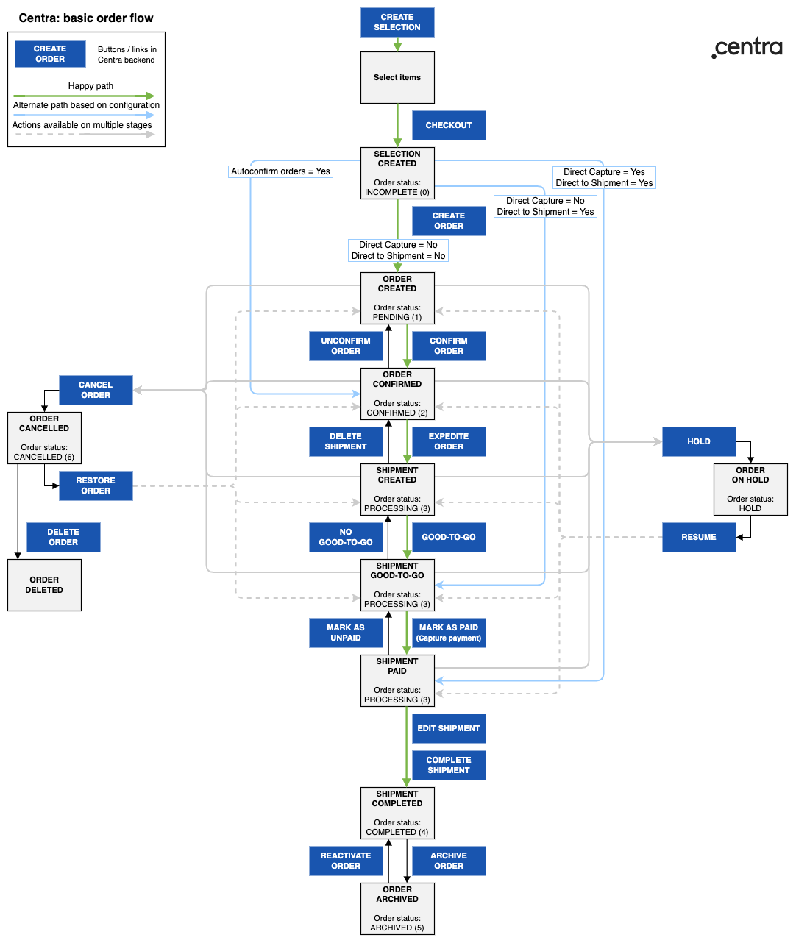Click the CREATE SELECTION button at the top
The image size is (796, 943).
[397, 22]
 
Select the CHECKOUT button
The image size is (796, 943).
[449, 125]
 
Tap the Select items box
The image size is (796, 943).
[397, 77]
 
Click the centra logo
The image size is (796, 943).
[747, 47]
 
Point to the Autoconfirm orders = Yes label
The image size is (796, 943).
[280, 171]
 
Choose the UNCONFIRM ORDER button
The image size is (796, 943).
[346, 346]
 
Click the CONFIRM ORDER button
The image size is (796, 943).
[449, 346]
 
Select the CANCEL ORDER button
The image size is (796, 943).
[96, 390]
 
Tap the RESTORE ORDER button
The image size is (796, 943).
[96, 485]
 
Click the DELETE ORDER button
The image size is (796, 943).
[63, 537]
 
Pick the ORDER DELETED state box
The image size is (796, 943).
[44, 585]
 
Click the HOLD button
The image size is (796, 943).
[699, 441]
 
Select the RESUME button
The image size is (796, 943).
[699, 537]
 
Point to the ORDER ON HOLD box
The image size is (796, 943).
[750, 489]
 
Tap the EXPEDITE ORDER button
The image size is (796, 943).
[449, 441]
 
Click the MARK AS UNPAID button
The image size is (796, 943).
[346, 633]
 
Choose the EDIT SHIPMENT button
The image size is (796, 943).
[449, 728]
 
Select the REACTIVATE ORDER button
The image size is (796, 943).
[346, 861]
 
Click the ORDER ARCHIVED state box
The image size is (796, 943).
[397, 908]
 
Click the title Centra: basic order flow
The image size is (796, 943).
[86, 18]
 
